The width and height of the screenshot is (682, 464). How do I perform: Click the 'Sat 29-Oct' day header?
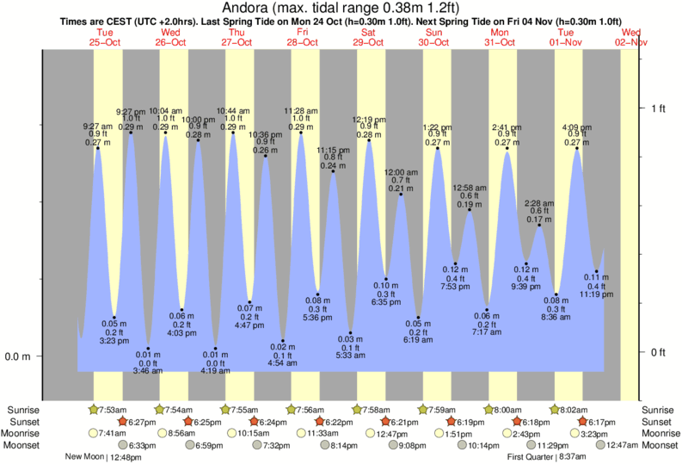coord(368,36)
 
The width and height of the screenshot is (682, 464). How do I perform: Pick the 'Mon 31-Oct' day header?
coord(501,36)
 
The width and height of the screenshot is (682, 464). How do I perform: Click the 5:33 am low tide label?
coord(351,356)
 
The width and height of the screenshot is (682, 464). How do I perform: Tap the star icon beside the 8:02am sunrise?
coord(556,409)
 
